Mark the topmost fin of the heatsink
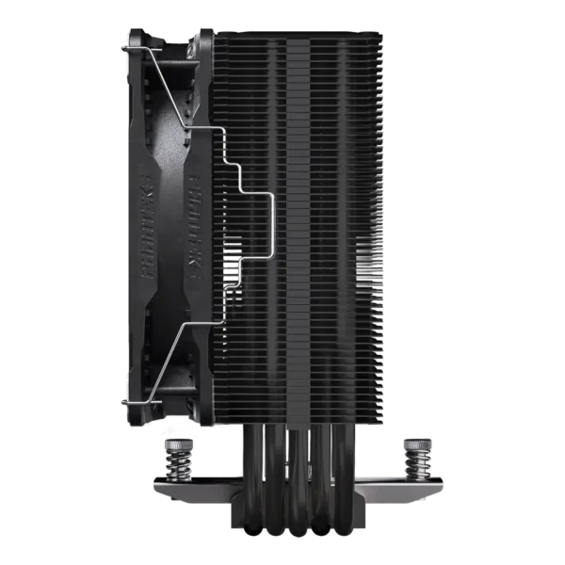point(299,35)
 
